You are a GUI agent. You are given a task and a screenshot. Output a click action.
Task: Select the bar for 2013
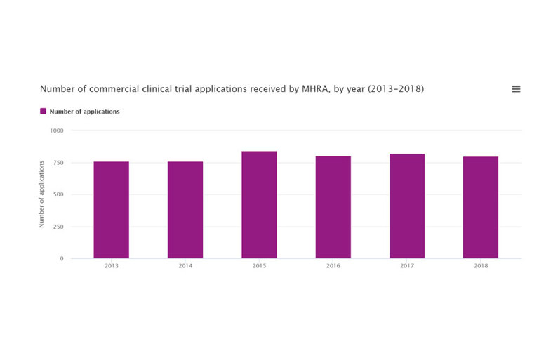point(111,210)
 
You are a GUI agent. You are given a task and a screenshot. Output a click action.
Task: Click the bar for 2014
point(185,210)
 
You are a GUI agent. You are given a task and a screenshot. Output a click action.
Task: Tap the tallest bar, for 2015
point(259,205)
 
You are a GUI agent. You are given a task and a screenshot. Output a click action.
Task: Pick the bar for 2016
point(333,207)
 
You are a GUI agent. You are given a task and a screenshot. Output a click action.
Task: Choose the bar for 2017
point(407,206)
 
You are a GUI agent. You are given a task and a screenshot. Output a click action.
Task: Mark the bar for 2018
point(480,207)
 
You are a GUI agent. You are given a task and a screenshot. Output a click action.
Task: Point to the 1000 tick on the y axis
point(56,131)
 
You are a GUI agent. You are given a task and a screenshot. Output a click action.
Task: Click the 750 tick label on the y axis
point(58,163)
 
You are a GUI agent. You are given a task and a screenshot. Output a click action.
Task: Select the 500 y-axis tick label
point(58,194)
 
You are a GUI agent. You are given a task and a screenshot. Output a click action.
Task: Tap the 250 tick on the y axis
point(58,227)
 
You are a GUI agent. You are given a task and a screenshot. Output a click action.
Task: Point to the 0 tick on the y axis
point(61,258)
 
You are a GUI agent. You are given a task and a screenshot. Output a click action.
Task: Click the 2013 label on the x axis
point(111,267)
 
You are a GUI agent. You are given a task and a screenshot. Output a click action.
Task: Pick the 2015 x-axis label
point(259,267)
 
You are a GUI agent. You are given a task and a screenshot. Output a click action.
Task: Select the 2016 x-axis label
point(333,267)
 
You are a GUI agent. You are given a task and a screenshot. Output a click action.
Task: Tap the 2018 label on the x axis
point(480,267)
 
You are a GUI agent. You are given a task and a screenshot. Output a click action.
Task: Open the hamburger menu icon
point(516,89)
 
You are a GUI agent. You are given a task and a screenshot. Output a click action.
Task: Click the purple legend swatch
point(43,111)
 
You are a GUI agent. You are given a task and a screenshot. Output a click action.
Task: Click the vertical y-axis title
point(41,194)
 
